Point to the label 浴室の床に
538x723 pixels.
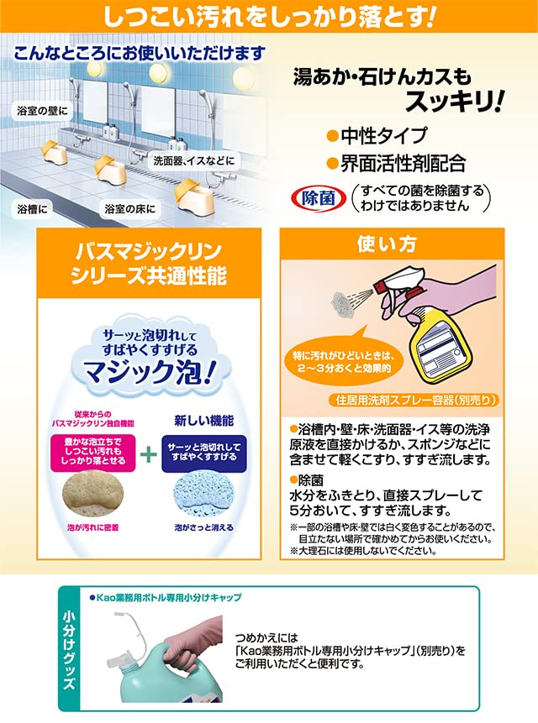130,207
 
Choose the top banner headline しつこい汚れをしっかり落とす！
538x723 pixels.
269,16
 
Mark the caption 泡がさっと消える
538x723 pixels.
202,527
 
